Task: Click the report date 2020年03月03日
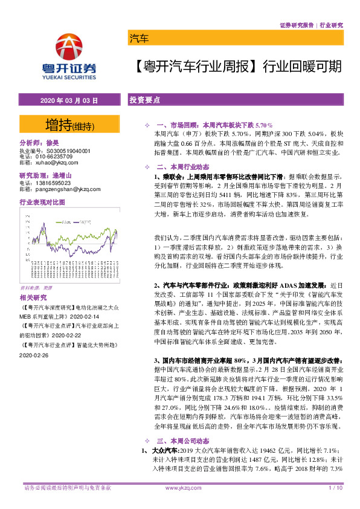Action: coord(68,100)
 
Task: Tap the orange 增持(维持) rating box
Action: coord(69,126)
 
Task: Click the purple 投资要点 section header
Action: coord(145,100)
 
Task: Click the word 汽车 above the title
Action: coord(139,40)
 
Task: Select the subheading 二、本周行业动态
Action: coord(182,167)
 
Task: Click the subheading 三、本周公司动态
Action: coord(182,441)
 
